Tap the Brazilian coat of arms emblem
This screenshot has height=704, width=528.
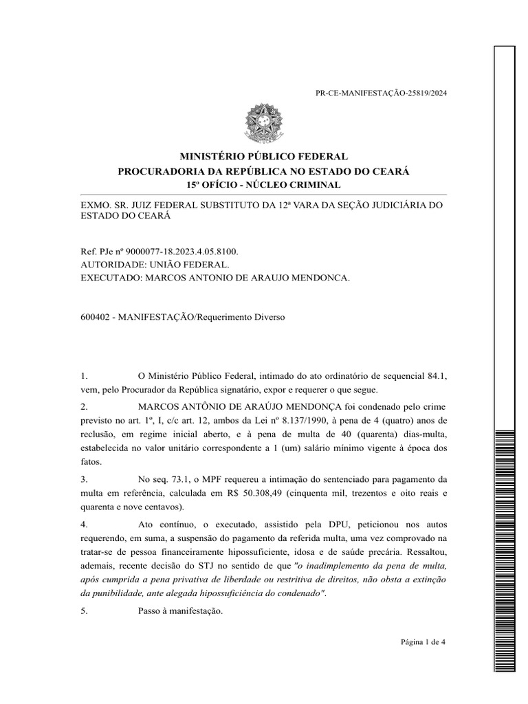click(264, 124)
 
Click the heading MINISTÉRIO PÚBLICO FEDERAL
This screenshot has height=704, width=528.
click(264, 157)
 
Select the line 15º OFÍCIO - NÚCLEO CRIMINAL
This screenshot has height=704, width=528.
click(264, 185)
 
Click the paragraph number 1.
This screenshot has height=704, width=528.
click(84, 377)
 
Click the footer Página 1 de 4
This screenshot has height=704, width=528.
click(423, 643)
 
